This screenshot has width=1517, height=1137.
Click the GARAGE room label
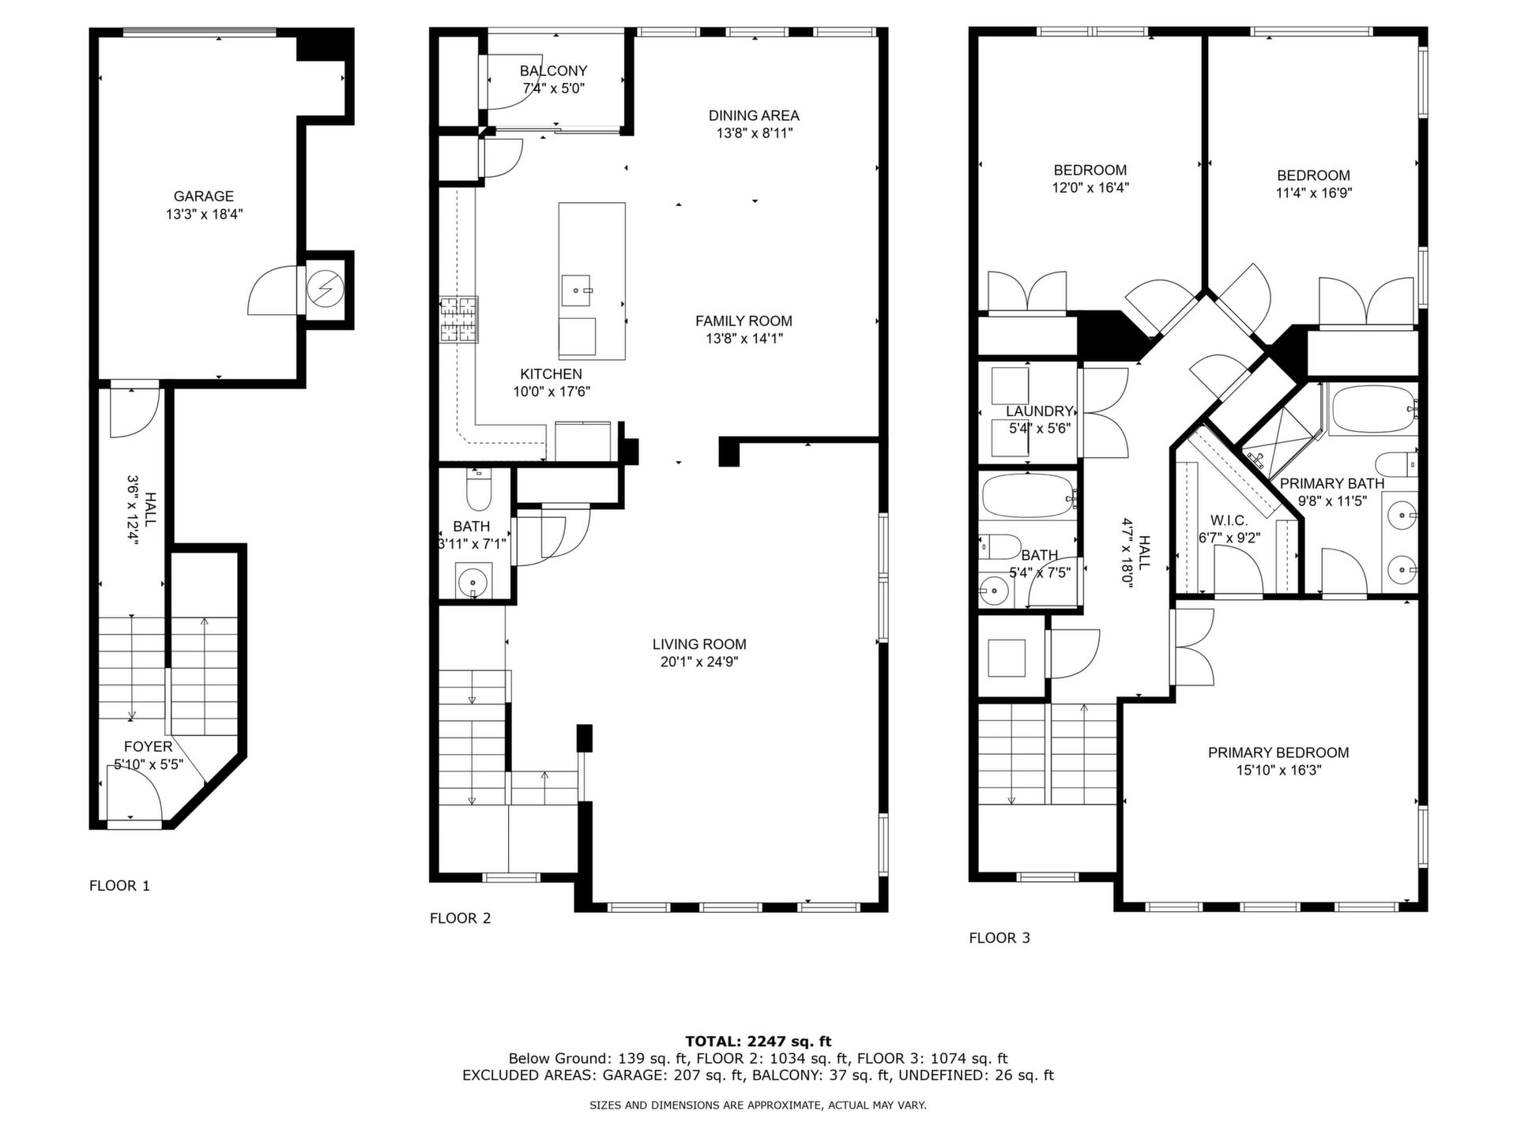click(204, 197)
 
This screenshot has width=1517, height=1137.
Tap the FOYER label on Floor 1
click(148, 747)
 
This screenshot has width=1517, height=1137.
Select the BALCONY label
click(553, 71)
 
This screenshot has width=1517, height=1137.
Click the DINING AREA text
click(754, 116)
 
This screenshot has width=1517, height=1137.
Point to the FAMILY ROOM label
click(743, 321)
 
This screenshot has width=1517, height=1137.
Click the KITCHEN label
click(551, 374)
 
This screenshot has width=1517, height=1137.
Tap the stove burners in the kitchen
click(459, 320)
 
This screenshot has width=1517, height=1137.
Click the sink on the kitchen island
click(577, 291)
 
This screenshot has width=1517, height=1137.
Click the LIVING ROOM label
click(699, 644)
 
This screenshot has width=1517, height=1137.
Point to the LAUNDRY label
click(1039, 411)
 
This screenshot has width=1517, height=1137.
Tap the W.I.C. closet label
click(1229, 521)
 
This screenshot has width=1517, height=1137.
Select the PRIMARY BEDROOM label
click(1278, 753)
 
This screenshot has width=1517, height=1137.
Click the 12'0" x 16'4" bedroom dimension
click(1090, 188)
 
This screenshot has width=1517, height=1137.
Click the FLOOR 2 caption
click(460, 918)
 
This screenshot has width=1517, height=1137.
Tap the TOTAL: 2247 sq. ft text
click(758, 1041)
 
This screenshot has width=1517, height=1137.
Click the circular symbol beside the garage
click(326, 290)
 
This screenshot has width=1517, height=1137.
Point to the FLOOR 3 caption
click(999, 938)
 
